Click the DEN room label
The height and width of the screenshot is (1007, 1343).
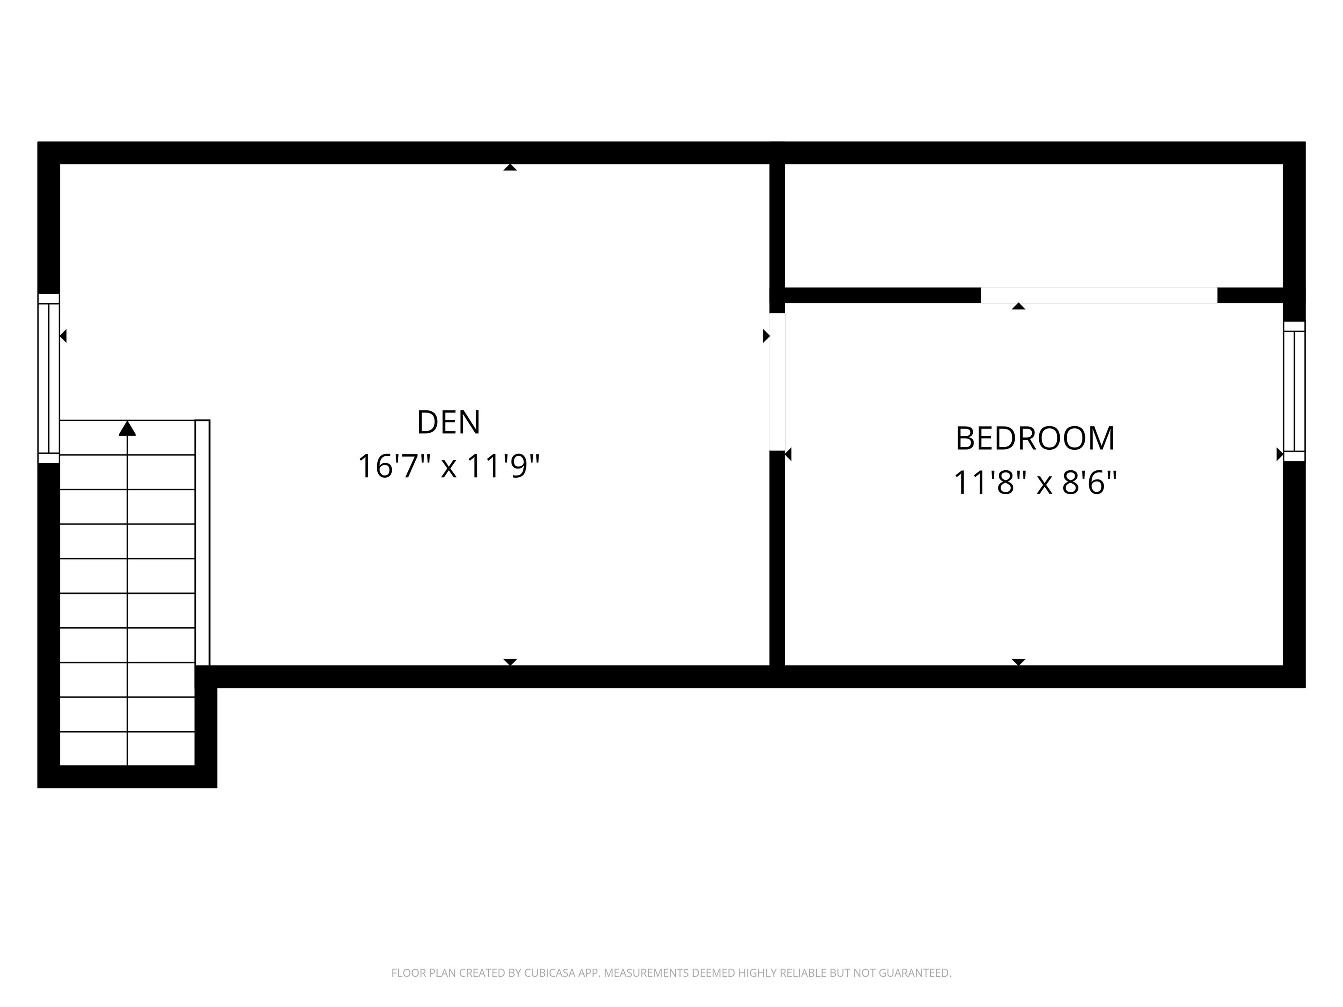[448, 423]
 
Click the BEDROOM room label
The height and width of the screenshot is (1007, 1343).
[1035, 439]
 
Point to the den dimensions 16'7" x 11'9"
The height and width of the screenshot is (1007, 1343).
[448, 467]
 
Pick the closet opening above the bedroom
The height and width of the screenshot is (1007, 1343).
[1099, 295]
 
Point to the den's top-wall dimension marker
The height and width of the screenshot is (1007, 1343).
[510, 167]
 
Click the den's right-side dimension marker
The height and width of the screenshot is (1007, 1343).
[766, 336]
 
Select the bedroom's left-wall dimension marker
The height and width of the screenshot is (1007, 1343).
[788, 454]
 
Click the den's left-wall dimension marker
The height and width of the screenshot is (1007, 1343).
[63, 336]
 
